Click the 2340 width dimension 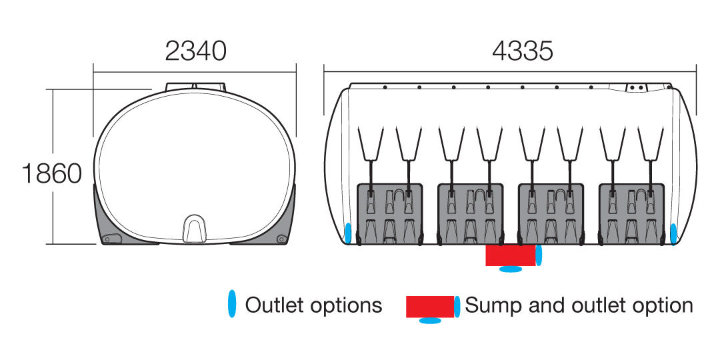click(195, 51)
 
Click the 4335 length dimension click(523, 51)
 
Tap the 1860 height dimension click(52, 173)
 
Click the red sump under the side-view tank click(511, 255)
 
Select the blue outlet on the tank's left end click(348, 233)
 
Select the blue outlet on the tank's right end click(673, 233)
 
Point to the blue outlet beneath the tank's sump click(511, 269)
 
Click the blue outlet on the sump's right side click(539, 255)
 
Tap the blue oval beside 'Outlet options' click(233, 304)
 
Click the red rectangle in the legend click(430, 307)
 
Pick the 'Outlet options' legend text click(313, 305)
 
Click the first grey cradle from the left click(390, 213)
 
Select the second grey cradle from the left click(471, 213)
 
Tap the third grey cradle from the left click(551, 213)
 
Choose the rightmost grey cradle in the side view click(632, 213)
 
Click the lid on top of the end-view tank click(195, 86)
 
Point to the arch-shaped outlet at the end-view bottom click(195, 228)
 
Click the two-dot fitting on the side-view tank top click(636, 87)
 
